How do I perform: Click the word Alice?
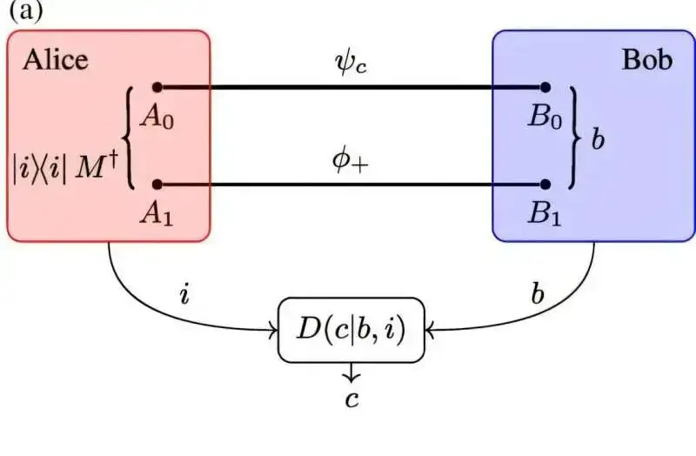56,60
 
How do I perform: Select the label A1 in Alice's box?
157,213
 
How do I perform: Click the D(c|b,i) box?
351,330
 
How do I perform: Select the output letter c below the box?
351,399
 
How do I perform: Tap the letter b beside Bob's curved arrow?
539,292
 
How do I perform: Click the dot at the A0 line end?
157,87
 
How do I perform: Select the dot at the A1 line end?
157,184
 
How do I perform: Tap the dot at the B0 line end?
545,87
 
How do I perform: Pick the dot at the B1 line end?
545,184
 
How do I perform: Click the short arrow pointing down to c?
351,373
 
